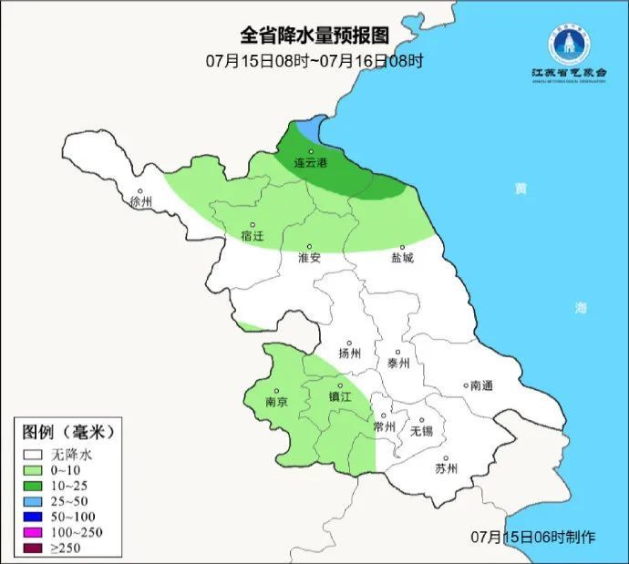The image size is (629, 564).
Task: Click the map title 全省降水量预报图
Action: point(314,36)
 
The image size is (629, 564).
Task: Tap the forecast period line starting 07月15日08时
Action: point(314,62)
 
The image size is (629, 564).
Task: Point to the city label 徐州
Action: point(142,201)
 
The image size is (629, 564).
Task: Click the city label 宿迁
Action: point(253,236)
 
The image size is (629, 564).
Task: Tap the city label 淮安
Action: point(310,258)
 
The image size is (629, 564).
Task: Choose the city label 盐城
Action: point(402,258)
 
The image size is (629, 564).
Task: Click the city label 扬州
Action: point(349,354)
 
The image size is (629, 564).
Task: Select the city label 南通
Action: point(480,385)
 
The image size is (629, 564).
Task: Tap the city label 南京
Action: point(276,401)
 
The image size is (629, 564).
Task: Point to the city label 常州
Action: point(385,426)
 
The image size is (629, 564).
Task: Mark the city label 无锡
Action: point(422,430)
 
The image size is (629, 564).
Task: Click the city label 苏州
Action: point(446,469)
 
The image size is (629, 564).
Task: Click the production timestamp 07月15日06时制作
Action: point(532,536)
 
